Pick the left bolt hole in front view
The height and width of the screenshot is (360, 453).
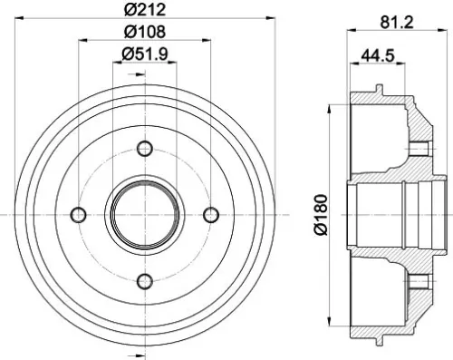(x=78, y=215)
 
